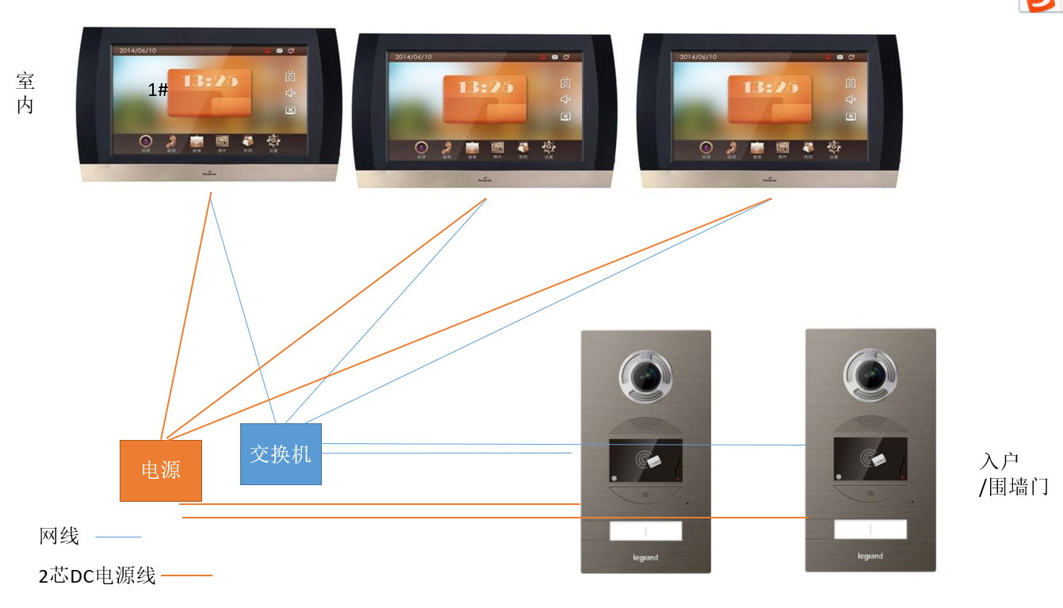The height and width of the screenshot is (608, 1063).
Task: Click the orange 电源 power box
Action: pyautogui.click(x=161, y=470)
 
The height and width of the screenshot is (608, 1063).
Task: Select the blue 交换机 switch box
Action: pyautogui.click(x=281, y=453)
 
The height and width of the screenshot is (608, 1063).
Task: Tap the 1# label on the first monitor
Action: pyautogui.click(x=158, y=90)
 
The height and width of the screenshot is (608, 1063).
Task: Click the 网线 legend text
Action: pyautogui.click(x=59, y=537)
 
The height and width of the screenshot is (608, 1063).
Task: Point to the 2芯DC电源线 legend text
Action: pyautogui.click(x=98, y=575)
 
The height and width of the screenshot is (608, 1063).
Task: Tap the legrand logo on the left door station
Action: pyautogui.click(x=645, y=558)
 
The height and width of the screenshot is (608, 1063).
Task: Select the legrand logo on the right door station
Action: pyautogui.click(x=870, y=556)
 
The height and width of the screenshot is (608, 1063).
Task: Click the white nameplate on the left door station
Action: pyautogui.click(x=645, y=530)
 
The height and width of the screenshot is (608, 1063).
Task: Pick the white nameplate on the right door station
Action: pyautogui.click(x=870, y=529)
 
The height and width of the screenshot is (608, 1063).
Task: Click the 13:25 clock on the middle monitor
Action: pyautogui.click(x=485, y=88)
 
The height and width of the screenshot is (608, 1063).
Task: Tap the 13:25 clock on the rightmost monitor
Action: pyautogui.click(x=770, y=87)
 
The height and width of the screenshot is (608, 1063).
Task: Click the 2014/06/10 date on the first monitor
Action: pyautogui.click(x=137, y=51)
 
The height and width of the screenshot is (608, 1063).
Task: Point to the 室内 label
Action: pyautogui.click(x=25, y=93)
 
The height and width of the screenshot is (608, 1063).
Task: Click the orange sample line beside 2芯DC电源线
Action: pyautogui.click(x=188, y=575)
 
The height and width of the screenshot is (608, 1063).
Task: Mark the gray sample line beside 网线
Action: pyautogui.click(x=118, y=537)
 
